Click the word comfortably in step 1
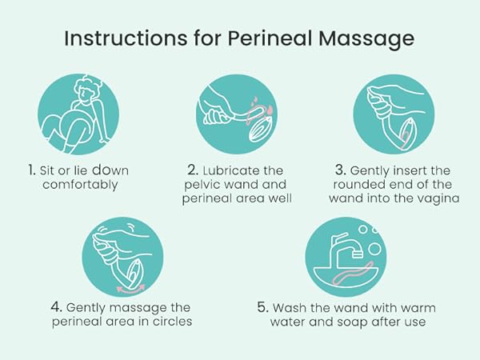pyautogui.click(x=73, y=185)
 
